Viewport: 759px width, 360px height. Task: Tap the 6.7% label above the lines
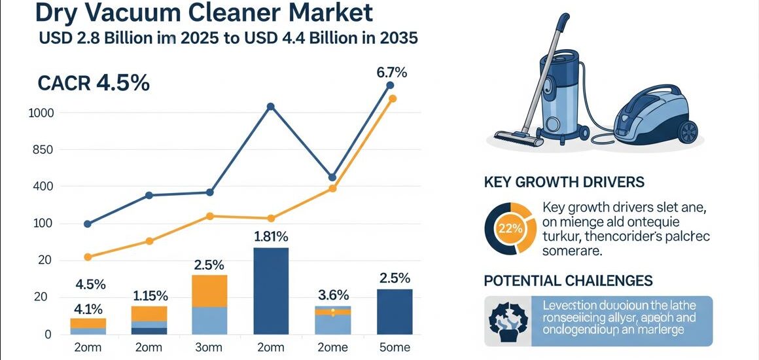tap(391, 73)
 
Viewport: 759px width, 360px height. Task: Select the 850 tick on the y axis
tap(43, 150)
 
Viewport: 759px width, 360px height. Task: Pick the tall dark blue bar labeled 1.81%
tap(270, 291)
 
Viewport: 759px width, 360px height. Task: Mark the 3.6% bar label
tap(333, 295)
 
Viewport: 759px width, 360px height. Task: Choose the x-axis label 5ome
tap(395, 348)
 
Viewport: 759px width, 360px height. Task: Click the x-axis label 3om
tap(209, 348)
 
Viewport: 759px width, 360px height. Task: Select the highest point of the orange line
tap(393, 99)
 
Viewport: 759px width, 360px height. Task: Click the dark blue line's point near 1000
tap(271, 107)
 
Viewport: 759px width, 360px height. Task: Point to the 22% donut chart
tap(510, 228)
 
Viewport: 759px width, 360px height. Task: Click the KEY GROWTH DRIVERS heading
tap(564, 182)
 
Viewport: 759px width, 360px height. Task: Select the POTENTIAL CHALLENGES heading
tap(568, 281)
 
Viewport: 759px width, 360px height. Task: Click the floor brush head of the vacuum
tap(518, 138)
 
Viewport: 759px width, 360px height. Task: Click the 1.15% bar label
tap(150, 296)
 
